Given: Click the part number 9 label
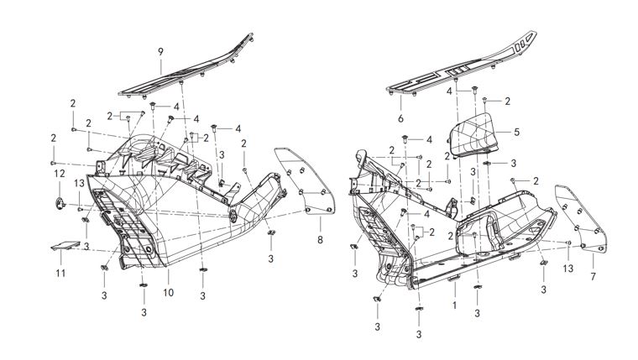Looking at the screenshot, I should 160,52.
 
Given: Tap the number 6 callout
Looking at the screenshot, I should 401,120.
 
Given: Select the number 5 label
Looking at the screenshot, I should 516,132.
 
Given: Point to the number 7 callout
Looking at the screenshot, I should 594,276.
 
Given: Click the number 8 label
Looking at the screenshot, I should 320,241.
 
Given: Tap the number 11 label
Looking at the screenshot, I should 59,274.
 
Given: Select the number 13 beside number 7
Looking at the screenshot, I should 568,268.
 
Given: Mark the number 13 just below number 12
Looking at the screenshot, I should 78,183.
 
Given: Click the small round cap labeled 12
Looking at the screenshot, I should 60,201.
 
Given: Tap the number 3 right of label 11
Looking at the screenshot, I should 86,246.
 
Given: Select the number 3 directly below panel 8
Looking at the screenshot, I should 271,259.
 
